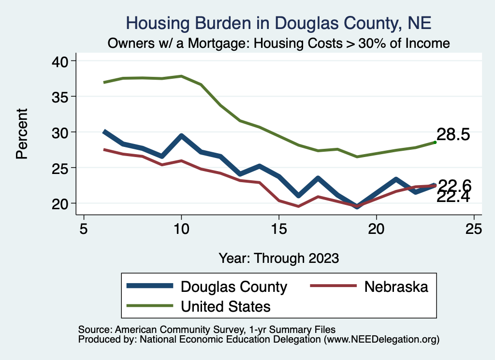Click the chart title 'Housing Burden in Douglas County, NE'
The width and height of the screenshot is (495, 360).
pyautogui.click(x=278, y=23)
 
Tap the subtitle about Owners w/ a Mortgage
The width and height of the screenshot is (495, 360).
pyautogui.click(x=279, y=43)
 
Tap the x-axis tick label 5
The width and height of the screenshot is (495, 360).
pyautogui.click(x=84, y=229)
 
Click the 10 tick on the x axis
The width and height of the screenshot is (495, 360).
pyautogui.click(x=181, y=229)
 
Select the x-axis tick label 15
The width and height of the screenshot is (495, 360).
pyautogui.click(x=279, y=229)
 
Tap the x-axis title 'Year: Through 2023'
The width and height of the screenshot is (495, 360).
pyautogui.click(x=279, y=258)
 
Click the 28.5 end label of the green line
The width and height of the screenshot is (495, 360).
pyautogui.click(x=453, y=135)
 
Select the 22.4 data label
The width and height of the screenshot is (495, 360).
pyautogui.click(x=453, y=197)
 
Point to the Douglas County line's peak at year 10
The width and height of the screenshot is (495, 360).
pyautogui.click(x=181, y=136)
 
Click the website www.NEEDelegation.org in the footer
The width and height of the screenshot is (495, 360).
pyautogui.click(x=382, y=339)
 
